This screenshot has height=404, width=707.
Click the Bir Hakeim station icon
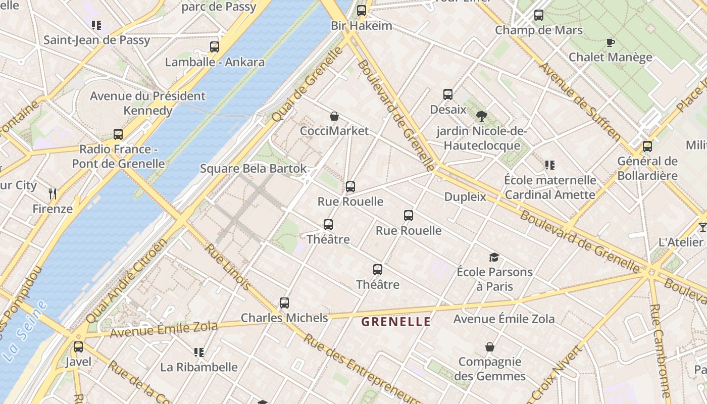tap(362, 10)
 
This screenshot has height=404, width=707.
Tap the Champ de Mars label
tap(538, 30)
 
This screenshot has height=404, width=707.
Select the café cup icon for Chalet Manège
tap(610, 42)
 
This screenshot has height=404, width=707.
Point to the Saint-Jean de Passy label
tap(96, 40)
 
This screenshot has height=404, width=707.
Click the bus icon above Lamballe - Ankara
tap(215, 47)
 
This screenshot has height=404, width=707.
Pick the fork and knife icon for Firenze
tap(53, 193)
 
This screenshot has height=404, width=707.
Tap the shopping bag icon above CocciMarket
tap(334, 116)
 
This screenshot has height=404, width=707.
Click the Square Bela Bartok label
tap(253, 168)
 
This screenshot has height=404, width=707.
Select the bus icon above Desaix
tap(448, 94)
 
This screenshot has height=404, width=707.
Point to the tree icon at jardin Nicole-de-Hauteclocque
tap(482, 116)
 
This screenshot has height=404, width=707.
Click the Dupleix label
tap(465, 196)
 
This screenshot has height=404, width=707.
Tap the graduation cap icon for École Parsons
tap(494, 257)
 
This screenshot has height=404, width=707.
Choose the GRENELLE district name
tap(396, 322)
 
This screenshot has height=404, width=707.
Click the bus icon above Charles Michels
tap(284, 303)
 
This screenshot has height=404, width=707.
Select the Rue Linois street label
tap(228, 267)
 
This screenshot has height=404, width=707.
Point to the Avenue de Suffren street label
tap(579, 101)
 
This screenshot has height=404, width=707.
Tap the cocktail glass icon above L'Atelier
tap(702, 227)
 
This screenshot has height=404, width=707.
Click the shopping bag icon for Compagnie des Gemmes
tap(490, 347)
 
